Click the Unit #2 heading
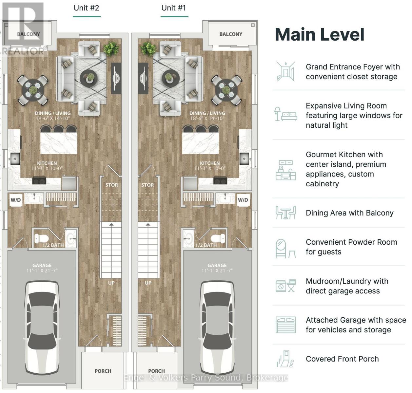tap(86, 8)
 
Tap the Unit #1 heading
tap(174, 8)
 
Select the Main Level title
tap(320, 34)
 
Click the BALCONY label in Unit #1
tap(230, 34)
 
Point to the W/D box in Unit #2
tap(16, 200)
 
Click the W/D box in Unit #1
tap(243, 200)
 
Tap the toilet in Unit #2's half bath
tap(41, 238)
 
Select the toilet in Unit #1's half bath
tap(218, 238)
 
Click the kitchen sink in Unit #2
tap(15, 159)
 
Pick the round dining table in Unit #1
tap(226, 90)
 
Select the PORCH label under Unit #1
tap(156, 371)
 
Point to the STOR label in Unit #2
tap(111, 185)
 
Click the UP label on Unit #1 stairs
tap(148, 283)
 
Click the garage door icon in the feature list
tap(285, 325)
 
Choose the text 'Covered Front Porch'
tap(342, 359)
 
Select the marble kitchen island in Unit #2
tap(59, 143)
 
